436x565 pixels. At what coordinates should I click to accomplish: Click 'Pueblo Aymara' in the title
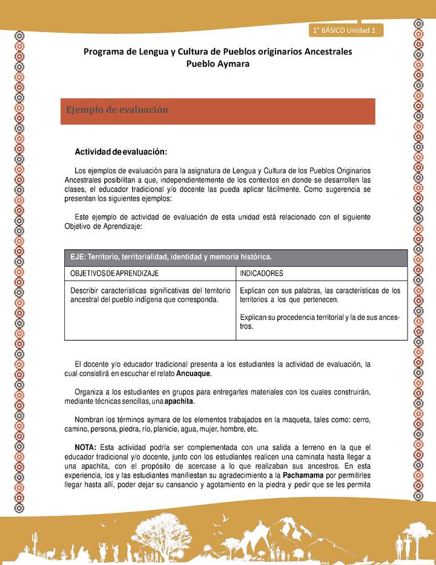[217, 64]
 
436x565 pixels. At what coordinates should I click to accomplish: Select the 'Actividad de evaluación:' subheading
[121, 151]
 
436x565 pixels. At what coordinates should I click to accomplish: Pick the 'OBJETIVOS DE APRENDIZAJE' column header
[114, 273]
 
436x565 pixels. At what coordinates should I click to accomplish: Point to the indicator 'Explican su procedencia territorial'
[320, 321]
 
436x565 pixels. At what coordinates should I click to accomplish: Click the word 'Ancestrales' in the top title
[321, 52]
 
